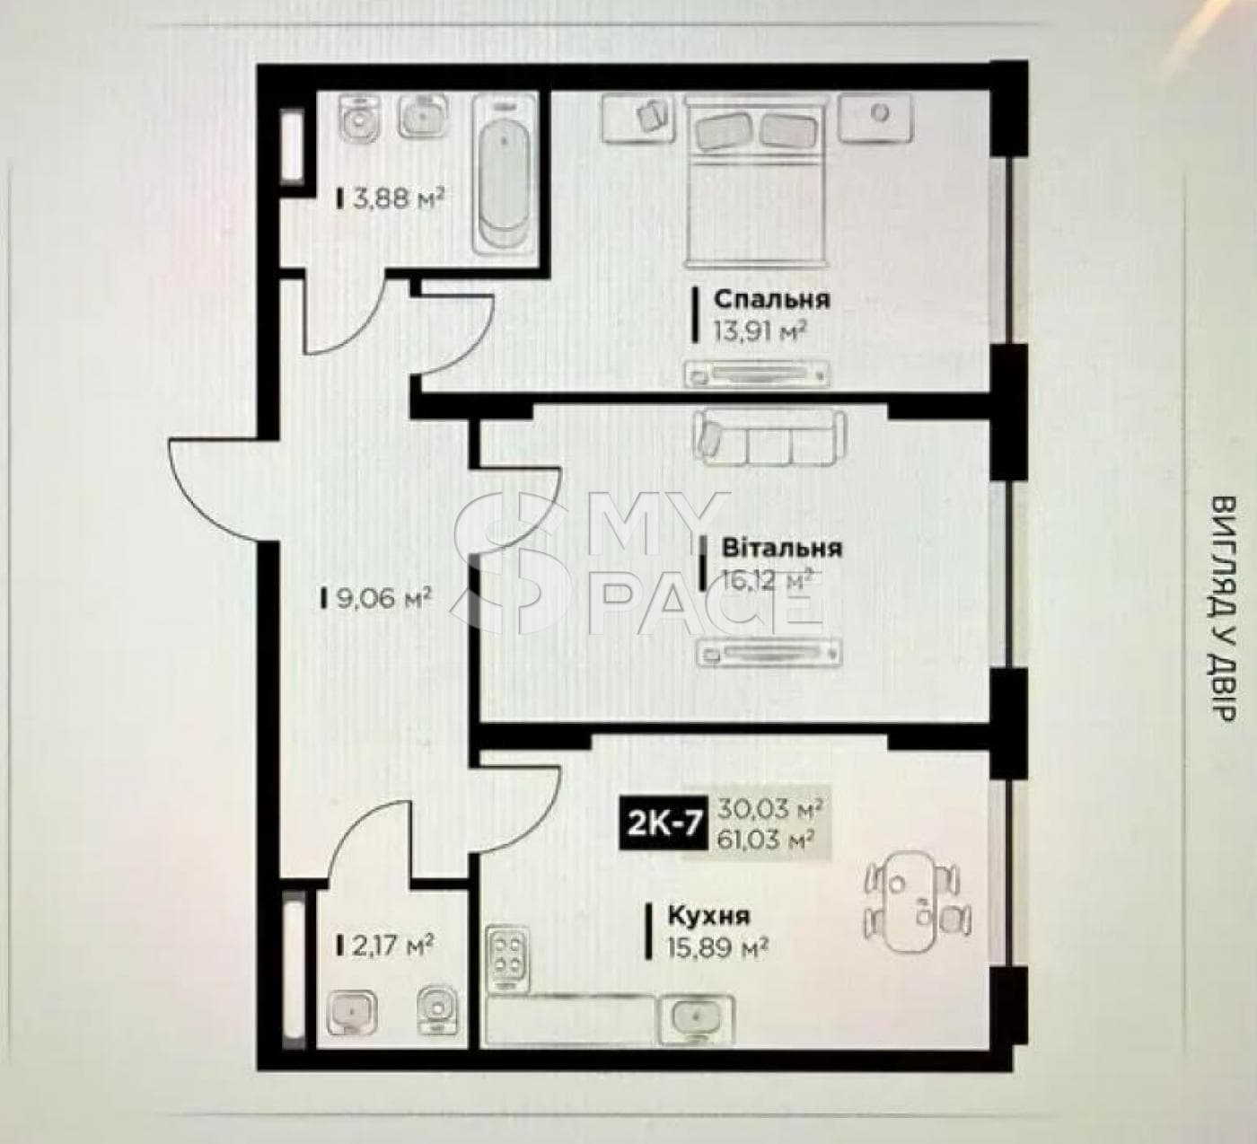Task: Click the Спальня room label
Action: (x=772, y=300)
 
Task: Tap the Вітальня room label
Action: (x=781, y=548)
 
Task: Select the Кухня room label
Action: (x=708, y=916)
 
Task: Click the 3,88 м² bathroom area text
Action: (x=399, y=199)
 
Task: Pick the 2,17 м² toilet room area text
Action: (x=392, y=944)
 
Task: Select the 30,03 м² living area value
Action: (x=769, y=809)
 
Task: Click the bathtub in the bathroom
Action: (x=505, y=174)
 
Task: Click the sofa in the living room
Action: (x=770, y=437)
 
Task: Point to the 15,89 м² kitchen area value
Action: (x=718, y=948)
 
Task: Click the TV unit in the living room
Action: (x=769, y=654)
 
